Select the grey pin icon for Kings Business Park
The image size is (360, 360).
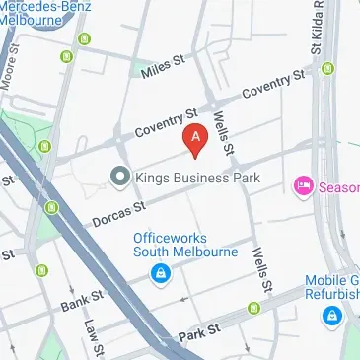click(x=119, y=178)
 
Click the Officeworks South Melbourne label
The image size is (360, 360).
click(x=186, y=244)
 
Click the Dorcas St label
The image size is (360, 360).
click(x=119, y=209)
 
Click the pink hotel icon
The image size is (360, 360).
click(x=302, y=184)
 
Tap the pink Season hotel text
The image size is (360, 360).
click(x=337, y=185)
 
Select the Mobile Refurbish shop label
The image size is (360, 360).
click(x=331, y=285)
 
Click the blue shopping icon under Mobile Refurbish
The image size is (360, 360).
click(x=332, y=317)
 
